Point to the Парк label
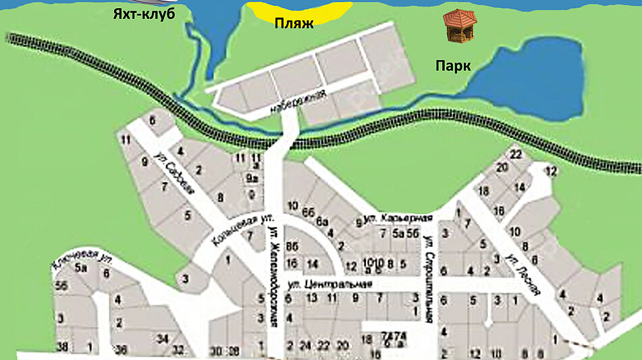coord(452,66)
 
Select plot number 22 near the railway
coord(516,155)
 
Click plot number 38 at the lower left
coord(62,347)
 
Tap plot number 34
coord(162,338)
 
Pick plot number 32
coord(178,349)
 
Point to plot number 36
coord(122,349)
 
